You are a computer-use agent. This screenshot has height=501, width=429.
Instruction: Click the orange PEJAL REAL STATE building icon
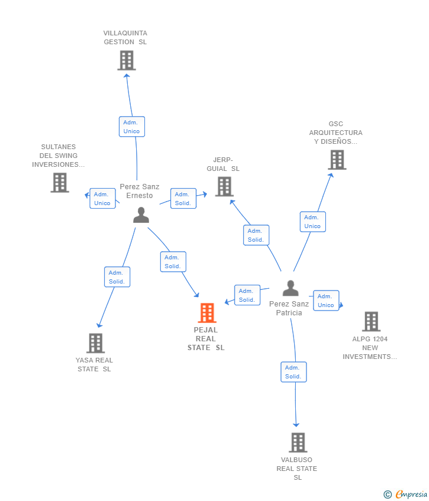point(207,313)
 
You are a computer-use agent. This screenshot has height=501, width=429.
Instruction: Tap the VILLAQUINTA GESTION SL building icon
point(127,60)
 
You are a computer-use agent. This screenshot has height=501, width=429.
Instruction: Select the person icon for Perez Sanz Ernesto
point(141,215)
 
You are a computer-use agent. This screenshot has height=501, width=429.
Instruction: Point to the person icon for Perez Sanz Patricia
point(291,288)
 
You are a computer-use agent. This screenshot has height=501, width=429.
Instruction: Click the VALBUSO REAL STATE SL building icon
point(298,443)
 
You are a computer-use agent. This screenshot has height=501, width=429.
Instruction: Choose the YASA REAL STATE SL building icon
point(95,343)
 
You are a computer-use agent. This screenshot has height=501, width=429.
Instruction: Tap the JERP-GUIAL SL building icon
point(225,187)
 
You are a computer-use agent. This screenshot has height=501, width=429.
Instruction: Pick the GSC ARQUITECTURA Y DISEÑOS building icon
point(337,160)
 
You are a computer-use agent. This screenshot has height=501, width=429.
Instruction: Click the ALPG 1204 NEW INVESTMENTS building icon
point(371,321)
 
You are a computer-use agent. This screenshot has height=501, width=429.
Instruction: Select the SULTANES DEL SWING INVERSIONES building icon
point(60,183)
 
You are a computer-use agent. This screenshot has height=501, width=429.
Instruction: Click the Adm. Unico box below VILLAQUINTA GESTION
point(132,127)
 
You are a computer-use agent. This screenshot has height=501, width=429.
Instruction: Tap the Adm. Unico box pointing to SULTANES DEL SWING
point(103,199)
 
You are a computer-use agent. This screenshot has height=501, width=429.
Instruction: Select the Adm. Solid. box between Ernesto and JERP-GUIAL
point(183,199)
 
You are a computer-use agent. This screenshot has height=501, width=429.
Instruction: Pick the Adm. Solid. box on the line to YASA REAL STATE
point(117,277)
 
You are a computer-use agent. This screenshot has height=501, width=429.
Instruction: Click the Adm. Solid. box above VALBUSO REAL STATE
point(293,372)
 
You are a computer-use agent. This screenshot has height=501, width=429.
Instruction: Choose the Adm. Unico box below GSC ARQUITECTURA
point(313,222)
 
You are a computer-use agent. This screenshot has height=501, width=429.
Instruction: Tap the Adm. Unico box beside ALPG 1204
point(326,301)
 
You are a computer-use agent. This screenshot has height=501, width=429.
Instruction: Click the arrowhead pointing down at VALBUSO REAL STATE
point(296,424)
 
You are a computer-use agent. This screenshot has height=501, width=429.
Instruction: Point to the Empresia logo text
point(411,495)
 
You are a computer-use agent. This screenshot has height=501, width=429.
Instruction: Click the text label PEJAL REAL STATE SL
point(206,339)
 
